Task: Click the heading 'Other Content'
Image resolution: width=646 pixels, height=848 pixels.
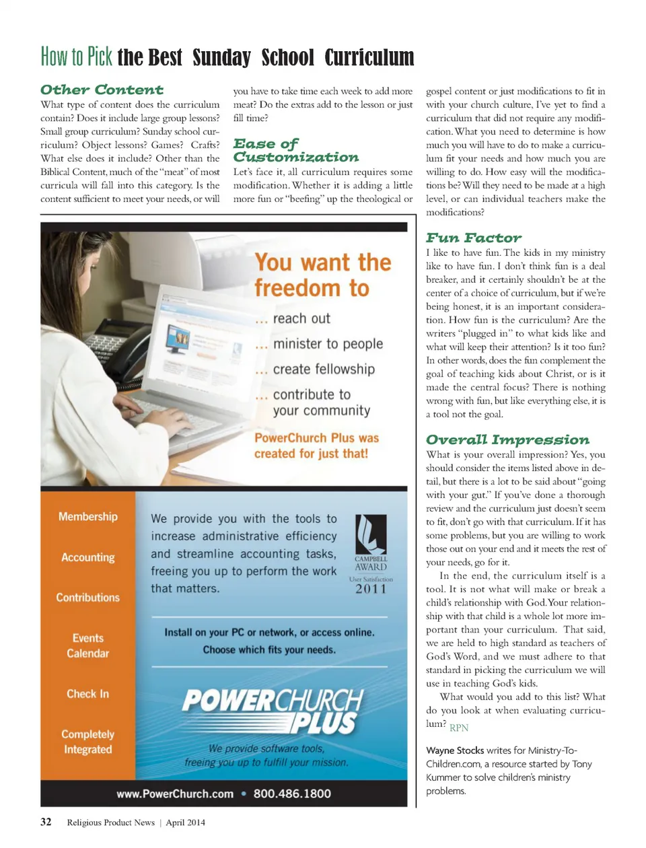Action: [x=102, y=90]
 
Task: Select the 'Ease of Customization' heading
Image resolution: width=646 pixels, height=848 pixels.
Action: [x=295, y=151]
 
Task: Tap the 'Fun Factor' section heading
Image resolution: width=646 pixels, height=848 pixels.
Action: [x=473, y=238]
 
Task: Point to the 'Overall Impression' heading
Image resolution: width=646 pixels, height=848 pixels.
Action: [x=507, y=439]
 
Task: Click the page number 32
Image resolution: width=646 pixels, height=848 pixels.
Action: [x=46, y=822]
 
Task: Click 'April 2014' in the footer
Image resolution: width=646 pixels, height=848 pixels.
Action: [x=186, y=822]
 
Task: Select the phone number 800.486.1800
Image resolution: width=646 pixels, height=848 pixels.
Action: [x=292, y=793]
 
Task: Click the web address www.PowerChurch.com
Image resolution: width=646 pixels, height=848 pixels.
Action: [x=175, y=794]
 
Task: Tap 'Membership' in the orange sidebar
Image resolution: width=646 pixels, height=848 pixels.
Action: [x=88, y=516]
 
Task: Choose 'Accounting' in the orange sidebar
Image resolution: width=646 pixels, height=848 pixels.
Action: [x=88, y=557]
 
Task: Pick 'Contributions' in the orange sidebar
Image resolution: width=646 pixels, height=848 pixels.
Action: [x=88, y=598]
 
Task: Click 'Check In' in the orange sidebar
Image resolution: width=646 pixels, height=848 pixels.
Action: [x=88, y=694]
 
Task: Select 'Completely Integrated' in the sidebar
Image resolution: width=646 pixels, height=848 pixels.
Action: [x=88, y=742]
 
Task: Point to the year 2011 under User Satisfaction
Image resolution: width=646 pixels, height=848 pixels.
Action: [x=371, y=590]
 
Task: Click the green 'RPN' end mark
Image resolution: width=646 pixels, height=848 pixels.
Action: [x=459, y=728]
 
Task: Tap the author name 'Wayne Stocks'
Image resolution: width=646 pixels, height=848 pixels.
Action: [x=455, y=750]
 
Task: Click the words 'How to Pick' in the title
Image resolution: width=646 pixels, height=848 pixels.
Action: [x=77, y=57]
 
